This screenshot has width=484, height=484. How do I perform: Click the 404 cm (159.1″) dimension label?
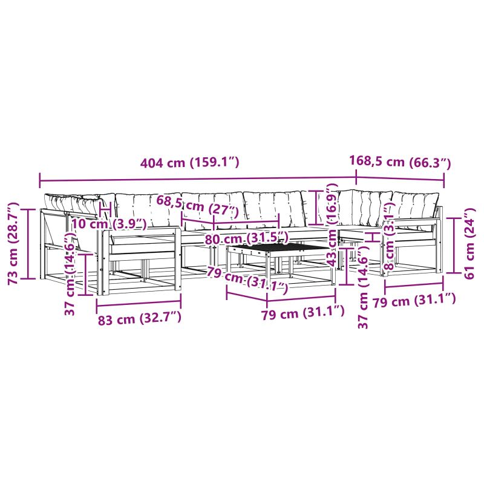click(189, 162)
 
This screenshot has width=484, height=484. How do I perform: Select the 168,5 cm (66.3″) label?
click(400, 162)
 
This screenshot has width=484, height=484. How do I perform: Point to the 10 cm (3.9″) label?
click(109, 223)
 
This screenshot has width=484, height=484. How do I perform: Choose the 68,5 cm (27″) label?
click(198, 205)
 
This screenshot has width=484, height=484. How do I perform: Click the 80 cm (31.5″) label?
click(246, 238)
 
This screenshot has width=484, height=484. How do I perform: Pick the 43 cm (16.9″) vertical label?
click(333, 224)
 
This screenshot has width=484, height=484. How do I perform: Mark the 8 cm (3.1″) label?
click(390, 236)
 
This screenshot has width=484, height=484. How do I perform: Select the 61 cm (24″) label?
click(469, 244)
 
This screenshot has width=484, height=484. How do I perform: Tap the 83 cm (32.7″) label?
click(140, 319)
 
